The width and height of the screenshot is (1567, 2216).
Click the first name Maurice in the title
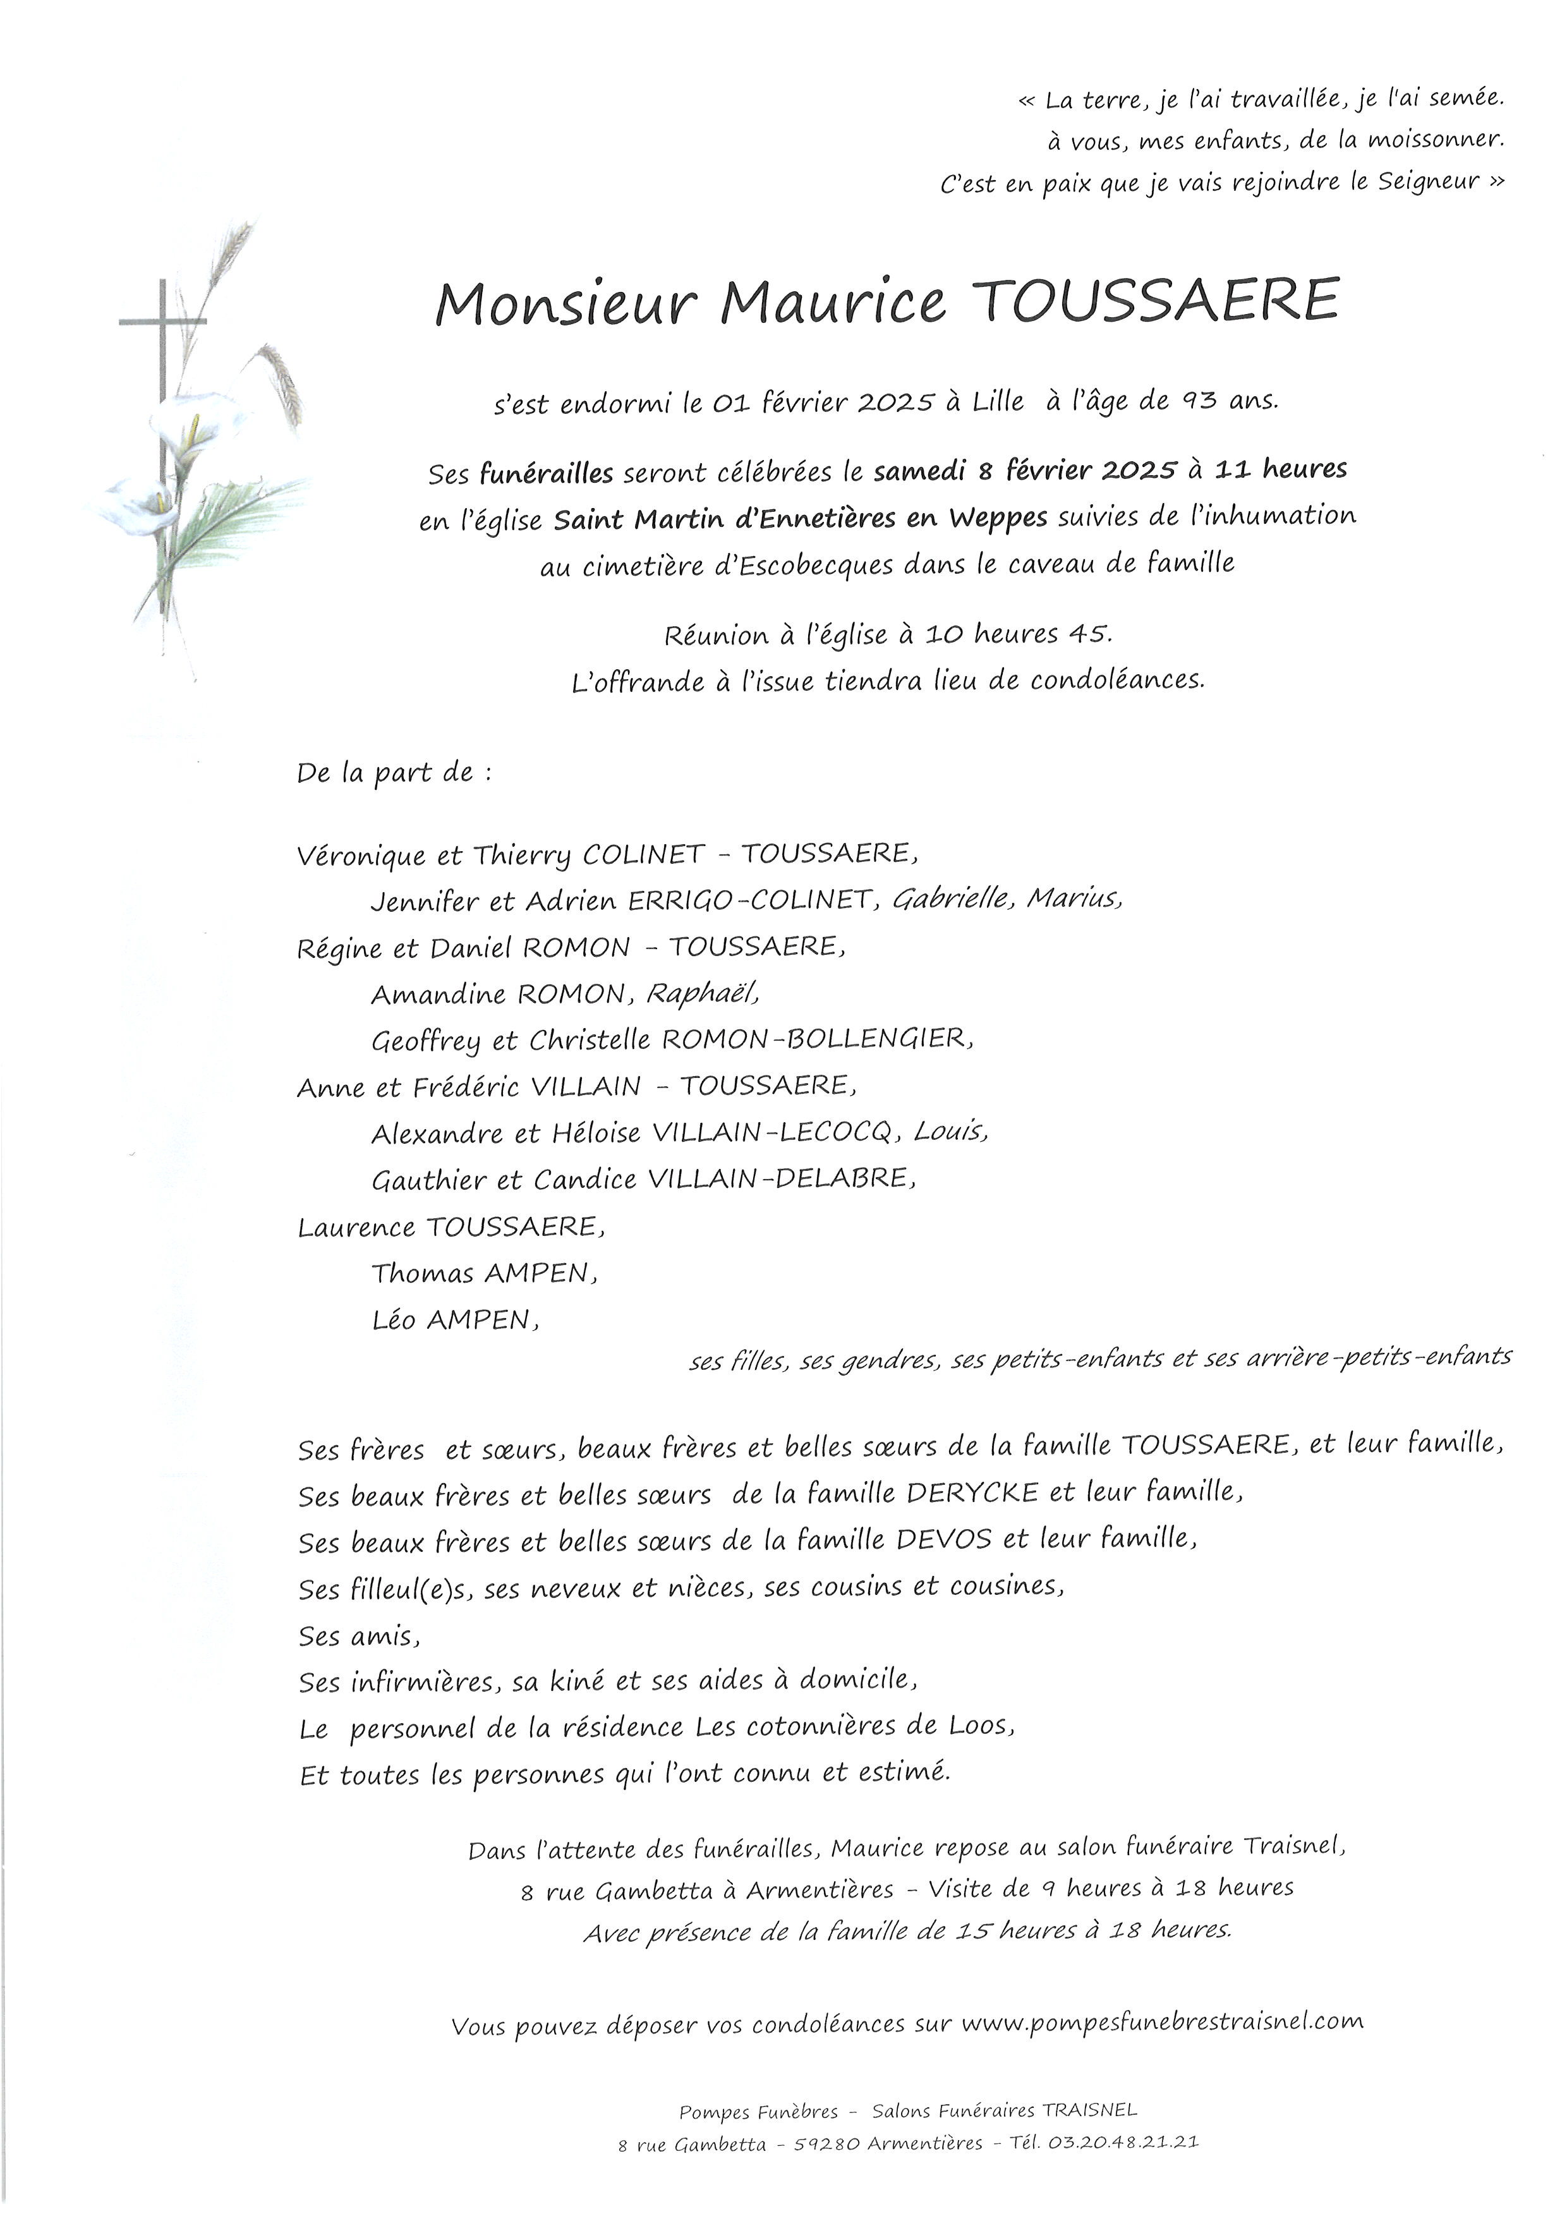(833, 303)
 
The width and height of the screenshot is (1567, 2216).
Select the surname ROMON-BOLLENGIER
(817, 1039)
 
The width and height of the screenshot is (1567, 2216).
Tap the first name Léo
(394, 1321)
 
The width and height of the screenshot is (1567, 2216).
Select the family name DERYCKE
(972, 1493)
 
